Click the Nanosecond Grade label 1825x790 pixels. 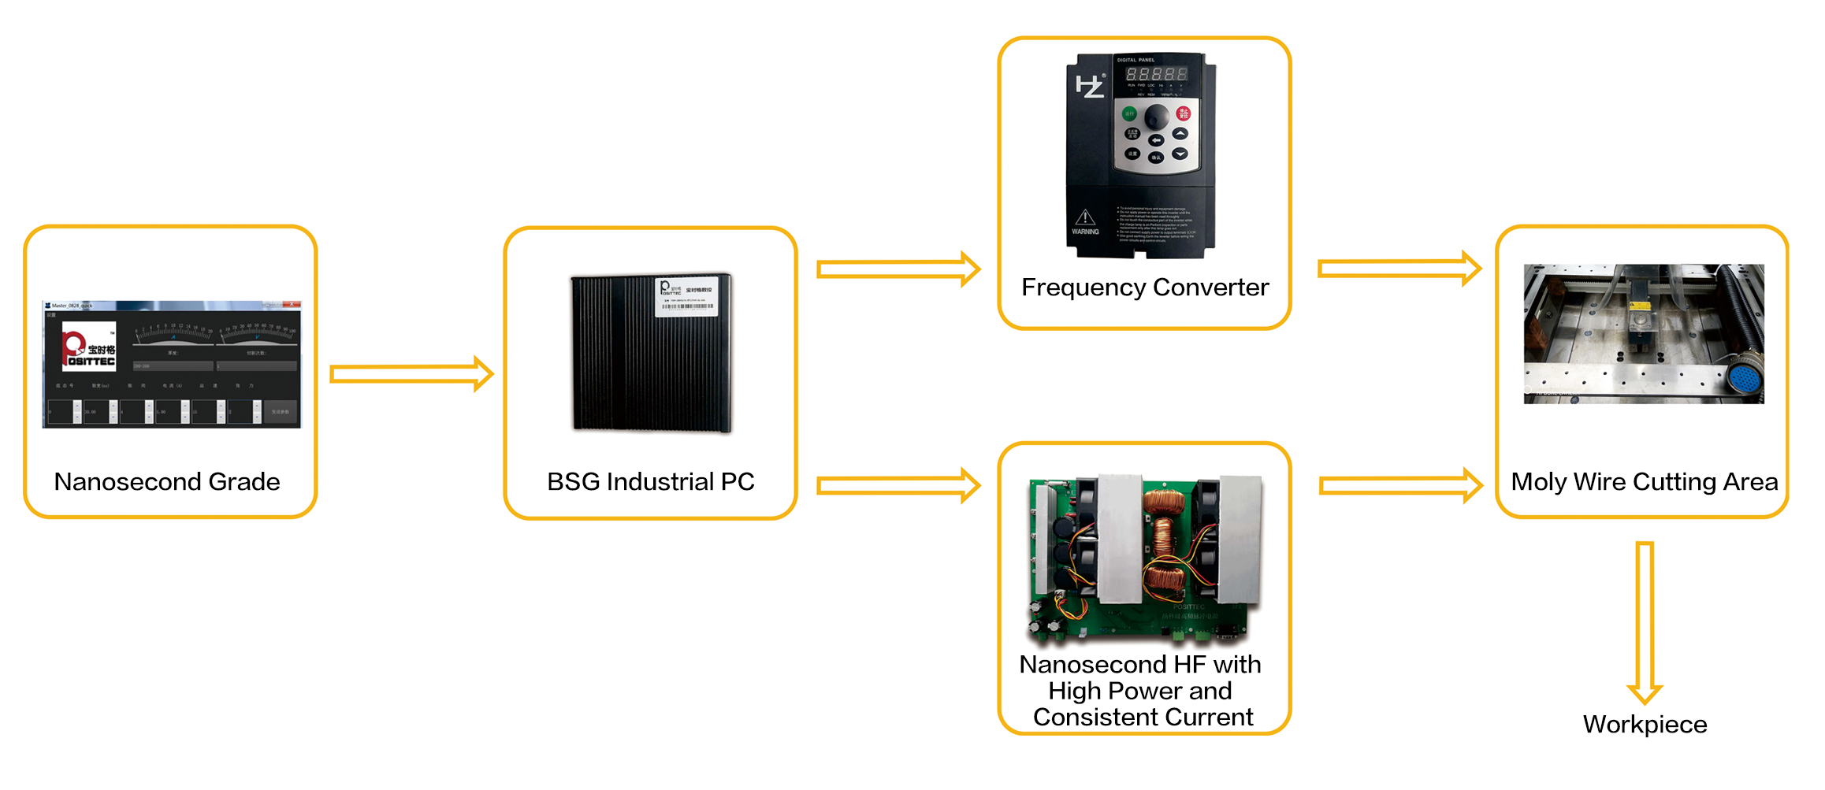167,481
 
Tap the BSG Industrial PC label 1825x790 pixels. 651,481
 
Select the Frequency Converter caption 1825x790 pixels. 1145,287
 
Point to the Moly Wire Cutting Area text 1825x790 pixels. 1644,481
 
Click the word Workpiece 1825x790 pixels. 1645,724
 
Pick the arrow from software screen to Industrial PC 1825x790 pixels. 411,373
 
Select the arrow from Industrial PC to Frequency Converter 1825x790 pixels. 898,269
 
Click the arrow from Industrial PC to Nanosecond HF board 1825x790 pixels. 898,485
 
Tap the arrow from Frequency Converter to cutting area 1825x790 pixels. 1399,269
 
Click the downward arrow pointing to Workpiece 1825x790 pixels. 1645,622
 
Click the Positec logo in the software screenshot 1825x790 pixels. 89,347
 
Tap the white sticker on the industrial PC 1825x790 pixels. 686,297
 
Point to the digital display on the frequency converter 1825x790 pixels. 1156,74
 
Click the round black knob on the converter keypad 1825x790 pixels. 1156,117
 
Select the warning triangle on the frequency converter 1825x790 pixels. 1085,217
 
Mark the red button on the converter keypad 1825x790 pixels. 1183,113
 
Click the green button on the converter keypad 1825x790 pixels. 1129,113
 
